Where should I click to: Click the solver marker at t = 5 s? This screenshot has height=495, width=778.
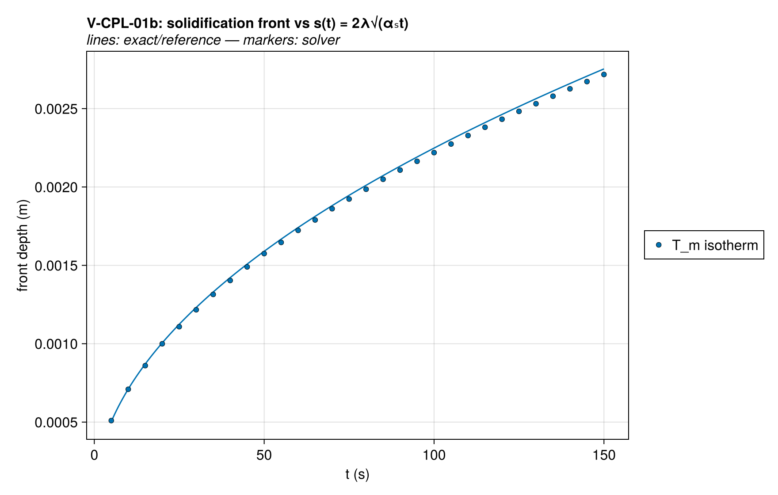(x=111, y=420)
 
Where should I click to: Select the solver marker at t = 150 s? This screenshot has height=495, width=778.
(x=604, y=74)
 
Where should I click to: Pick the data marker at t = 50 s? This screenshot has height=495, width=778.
(x=264, y=253)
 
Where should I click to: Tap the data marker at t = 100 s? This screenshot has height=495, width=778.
(x=434, y=152)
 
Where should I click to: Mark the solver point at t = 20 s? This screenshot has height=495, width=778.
(x=162, y=343)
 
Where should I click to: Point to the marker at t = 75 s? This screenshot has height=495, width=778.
(x=349, y=199)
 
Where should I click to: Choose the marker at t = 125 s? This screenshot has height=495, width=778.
(x=519, y=111)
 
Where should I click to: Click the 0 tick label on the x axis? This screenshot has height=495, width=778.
(x=94, y=455)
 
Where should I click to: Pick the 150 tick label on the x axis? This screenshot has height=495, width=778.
(x=604, y=455)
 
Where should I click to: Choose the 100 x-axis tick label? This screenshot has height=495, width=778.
(x=434, y=455)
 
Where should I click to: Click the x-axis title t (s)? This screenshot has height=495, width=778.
(x=357, y=475)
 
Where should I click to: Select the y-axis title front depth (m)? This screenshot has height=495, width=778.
(x=23, y=245)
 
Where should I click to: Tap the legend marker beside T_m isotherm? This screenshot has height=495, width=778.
(x=659, y=245)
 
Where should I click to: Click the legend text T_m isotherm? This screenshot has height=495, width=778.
(x=715, y=245)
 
